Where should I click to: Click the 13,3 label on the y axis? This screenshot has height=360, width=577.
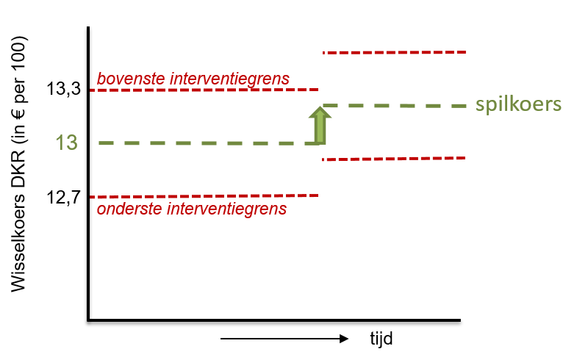point(63,89)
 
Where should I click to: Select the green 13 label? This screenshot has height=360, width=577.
point(67,143)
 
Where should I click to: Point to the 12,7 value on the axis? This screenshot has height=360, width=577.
point(63,198)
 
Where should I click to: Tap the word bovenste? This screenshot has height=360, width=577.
point(131,79)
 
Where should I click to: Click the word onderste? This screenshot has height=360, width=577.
point(129,209)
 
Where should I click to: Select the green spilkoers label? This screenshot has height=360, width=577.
point(518,105)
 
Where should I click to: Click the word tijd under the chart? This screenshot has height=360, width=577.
point(381,338)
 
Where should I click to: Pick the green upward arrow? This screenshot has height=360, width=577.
point(320,125)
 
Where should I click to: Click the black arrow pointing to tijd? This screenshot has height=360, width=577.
point(284,338)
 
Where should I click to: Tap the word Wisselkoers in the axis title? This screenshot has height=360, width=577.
point(18,243)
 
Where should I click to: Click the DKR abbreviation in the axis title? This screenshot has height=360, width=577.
point(18,168)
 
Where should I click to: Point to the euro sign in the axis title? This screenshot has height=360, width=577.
point(18,112)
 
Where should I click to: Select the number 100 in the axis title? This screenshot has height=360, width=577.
point(18,51)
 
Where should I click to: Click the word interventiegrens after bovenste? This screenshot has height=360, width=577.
point(229,79)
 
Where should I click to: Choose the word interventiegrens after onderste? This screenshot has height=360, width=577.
point(226,209)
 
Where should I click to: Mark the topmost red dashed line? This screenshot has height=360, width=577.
point(395,53)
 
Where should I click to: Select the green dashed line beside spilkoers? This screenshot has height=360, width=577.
point(395,106)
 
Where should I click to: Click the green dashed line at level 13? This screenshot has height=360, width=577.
point(208,143)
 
